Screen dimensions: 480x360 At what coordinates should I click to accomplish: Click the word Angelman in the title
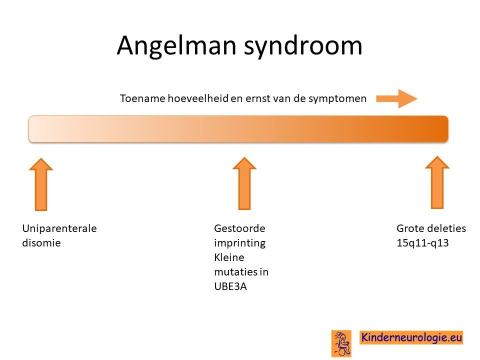click(x=176, y=46)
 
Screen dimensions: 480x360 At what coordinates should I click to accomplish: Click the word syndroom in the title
click(x=303, y=46)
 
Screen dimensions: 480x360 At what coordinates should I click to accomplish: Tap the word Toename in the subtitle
click(x=142, y=98)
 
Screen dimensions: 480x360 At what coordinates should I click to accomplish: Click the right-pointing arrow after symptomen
click(x=396, y=98)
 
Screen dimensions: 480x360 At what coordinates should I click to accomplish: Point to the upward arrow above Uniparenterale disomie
click(x=41, y=184)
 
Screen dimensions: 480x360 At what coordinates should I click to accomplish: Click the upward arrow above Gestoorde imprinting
click(x=244, y=183)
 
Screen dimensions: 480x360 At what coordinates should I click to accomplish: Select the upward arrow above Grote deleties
click(x=437, y=182)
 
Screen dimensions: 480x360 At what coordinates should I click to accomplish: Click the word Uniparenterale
click(x=59, y=228)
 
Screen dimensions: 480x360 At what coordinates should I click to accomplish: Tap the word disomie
click(x=41, y=243)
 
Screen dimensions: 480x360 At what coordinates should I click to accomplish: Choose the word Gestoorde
click(x=239, y=228)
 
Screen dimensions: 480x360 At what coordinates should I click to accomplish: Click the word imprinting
click(x=239, y=243)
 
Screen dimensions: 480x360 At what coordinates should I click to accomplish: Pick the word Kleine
click(x=229, y=257)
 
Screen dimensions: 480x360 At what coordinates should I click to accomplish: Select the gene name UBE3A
click(x=230, y=286)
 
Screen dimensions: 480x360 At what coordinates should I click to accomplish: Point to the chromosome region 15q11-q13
click(x=422, y=243)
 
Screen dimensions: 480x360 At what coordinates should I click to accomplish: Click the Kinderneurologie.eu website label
click(x=411, y=337)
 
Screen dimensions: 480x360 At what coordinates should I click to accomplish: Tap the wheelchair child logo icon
click(x=341, y=343)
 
